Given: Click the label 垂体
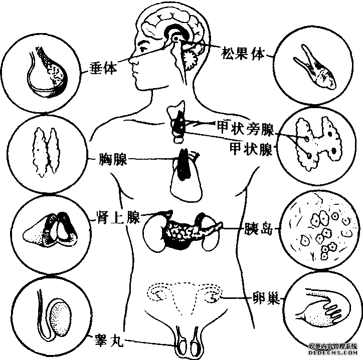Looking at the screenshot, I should tap(103, 68).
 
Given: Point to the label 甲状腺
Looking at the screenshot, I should tap(251, 148).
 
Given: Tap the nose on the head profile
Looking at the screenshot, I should tap(131, 61).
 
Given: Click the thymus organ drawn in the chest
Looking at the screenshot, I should tap(184, 164).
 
